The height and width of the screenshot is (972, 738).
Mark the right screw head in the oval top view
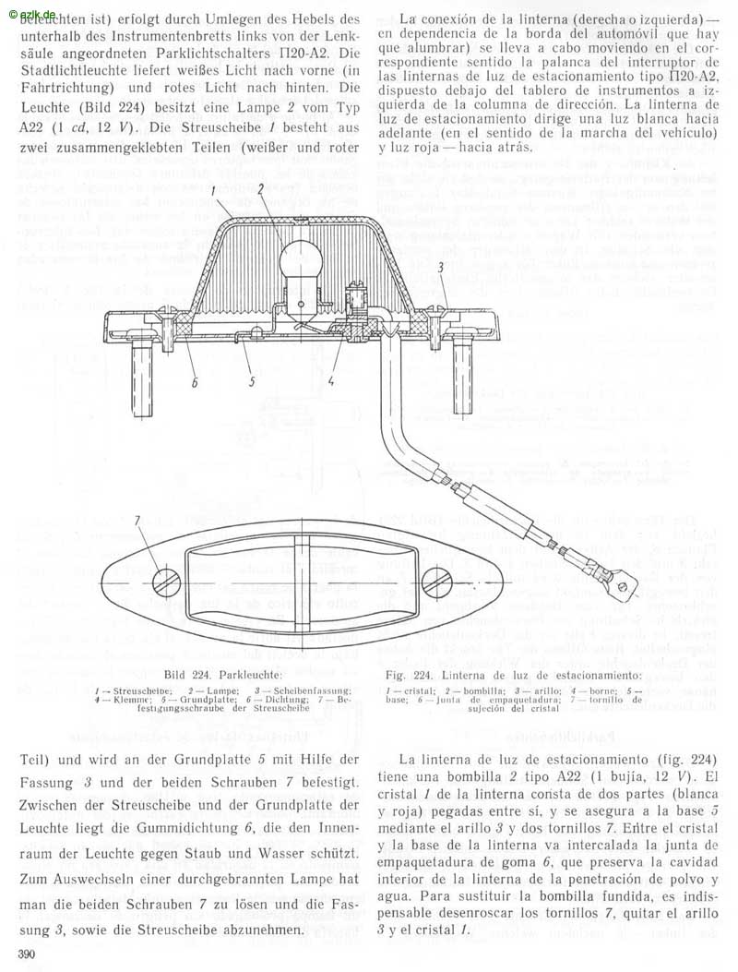pos(436,582)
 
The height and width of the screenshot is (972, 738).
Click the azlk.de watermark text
pos(29,7)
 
